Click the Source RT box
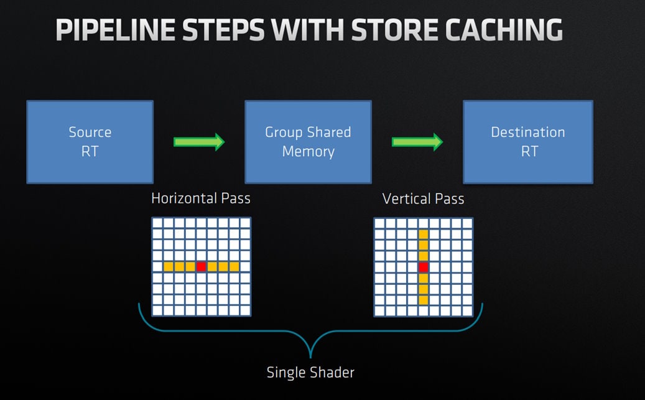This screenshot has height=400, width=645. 90,142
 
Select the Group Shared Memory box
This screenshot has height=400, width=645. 308,142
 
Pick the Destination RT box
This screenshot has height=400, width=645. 528,142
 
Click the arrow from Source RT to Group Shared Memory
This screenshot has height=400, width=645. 198,142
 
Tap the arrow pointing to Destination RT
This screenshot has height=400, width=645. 417,142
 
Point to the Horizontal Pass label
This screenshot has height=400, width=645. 200,198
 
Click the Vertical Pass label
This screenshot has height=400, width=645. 423,198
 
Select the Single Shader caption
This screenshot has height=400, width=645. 310,373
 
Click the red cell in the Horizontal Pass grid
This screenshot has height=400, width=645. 201,267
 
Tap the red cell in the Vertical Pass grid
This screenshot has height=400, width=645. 423,267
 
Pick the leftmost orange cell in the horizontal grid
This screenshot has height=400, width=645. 168,267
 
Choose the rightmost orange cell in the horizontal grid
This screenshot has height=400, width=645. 234,267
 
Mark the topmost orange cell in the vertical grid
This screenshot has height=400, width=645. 423,234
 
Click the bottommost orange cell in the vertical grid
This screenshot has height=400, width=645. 423,300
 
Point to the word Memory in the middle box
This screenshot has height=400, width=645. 308,151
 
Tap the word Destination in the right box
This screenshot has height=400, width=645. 528,132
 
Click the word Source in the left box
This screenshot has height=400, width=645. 90,132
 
